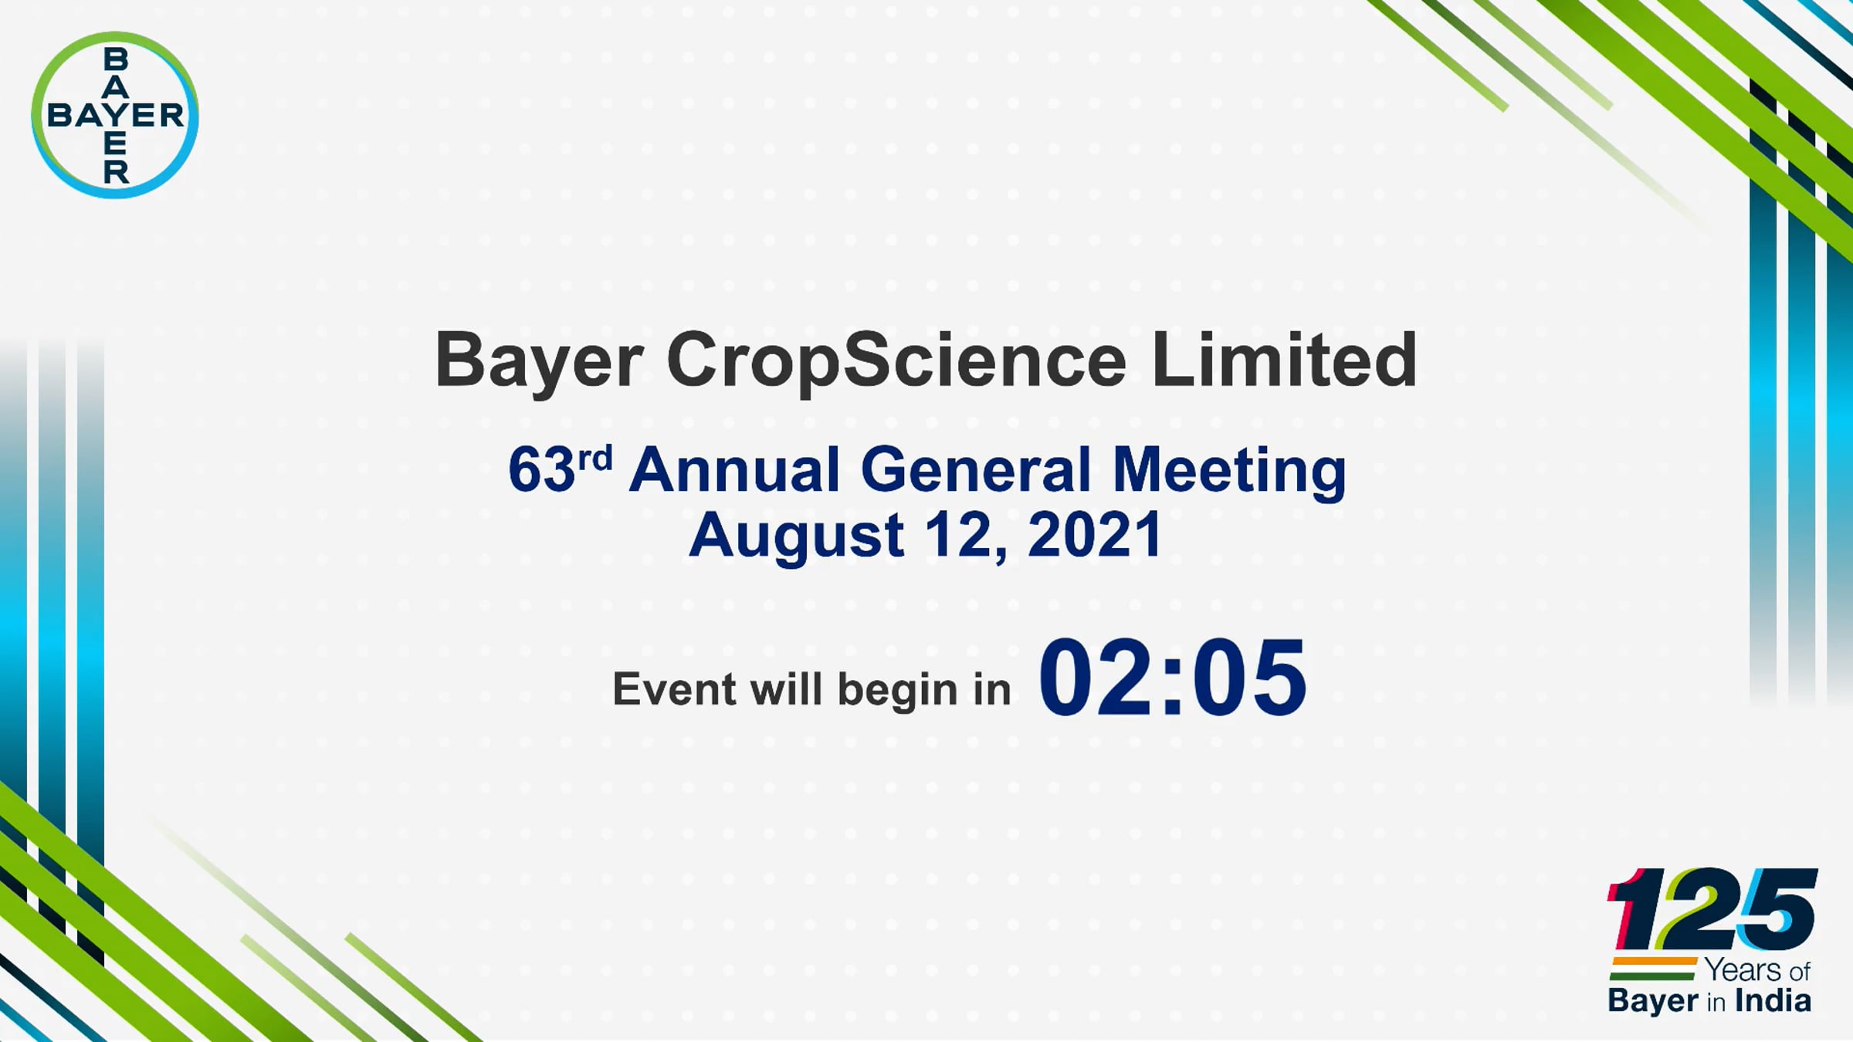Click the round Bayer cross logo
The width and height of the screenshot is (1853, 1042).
point(115,115)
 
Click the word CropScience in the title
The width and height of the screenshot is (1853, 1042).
point(896,361)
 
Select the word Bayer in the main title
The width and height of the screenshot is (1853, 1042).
point(539,361)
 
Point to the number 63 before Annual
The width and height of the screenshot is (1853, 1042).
point(542,469)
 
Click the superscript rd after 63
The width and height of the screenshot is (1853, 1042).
point(595,458)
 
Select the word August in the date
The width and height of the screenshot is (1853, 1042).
point(796,536)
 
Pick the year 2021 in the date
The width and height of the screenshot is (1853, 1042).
point(1095,534)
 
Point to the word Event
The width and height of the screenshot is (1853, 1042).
point(674,688)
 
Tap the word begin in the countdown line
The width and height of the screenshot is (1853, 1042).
point(897,691)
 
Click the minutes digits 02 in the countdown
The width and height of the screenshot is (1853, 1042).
point(1099,677)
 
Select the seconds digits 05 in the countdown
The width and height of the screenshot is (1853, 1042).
point(1248,677)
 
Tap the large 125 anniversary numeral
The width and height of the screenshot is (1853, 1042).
point(1712,909)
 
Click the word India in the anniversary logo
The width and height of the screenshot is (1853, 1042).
point(1773,1001)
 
